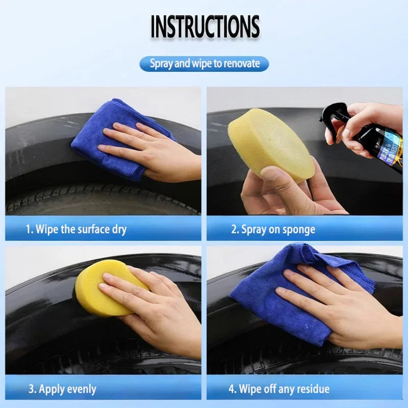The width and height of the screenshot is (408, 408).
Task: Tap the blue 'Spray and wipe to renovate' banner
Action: [204, 64]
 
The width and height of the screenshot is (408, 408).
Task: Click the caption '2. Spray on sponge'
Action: [273, 229]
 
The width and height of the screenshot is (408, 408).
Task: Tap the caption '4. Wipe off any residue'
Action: [278, 389]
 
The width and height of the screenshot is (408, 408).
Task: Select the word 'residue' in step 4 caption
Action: [311, 389]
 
